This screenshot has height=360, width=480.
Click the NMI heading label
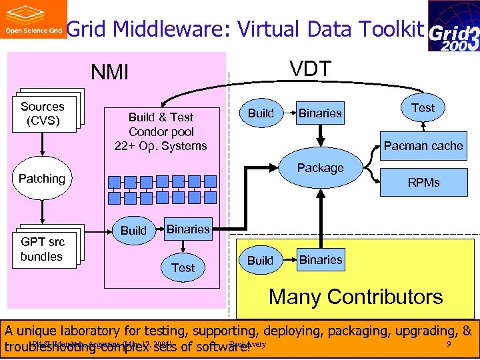[109, 72]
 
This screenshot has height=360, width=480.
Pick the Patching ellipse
[42, 179]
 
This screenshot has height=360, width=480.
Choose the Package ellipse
[321, 168]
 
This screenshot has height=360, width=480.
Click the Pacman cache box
[423, 146]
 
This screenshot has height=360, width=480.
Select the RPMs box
[424, 182]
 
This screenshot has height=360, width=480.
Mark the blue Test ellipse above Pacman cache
[423, 108]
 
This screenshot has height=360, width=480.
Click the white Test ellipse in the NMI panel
[183, 268]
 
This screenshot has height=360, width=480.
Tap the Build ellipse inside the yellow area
[260, 260]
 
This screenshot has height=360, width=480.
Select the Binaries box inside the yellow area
[321, 260]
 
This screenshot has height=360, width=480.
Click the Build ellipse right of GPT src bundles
[133, 231]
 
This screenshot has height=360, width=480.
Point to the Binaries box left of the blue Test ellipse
[320, 113]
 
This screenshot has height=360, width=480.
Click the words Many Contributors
[355, 297]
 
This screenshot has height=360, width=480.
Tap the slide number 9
[449, 344]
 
